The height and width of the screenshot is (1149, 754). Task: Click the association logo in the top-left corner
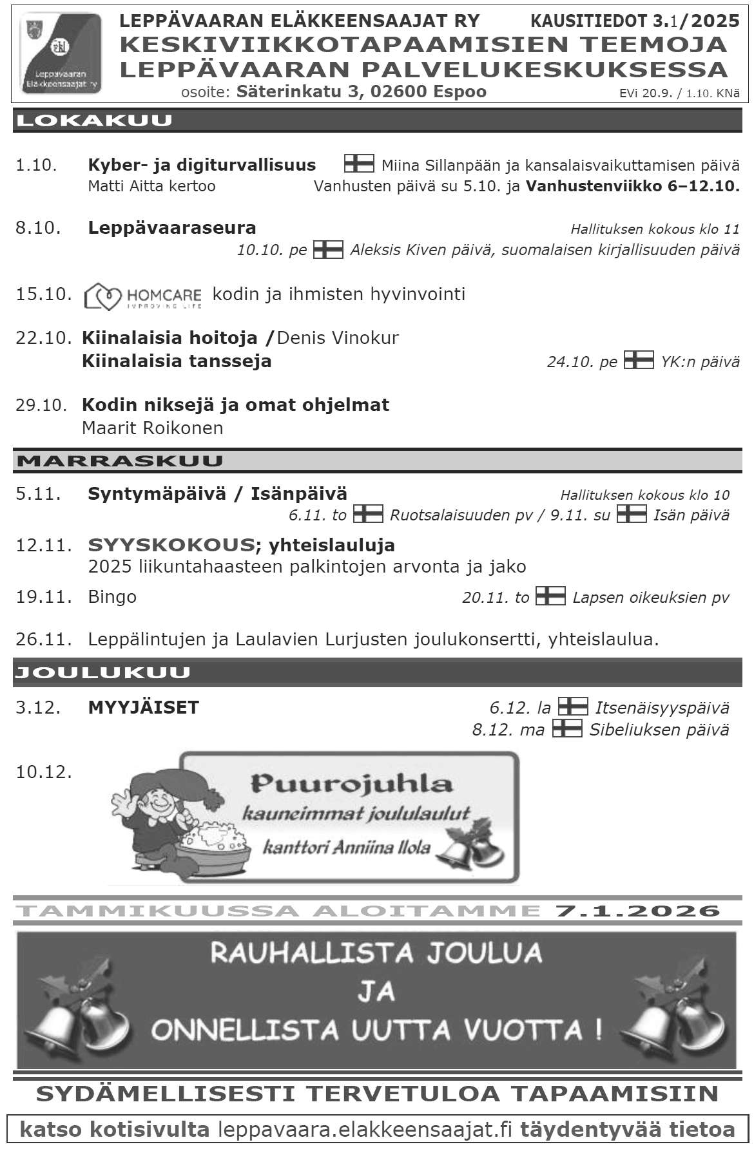point(61,54)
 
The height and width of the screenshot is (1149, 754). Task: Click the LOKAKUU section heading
point(94,121)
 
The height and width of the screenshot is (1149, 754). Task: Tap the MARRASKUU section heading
point(120,461)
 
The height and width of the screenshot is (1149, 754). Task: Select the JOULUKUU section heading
point(103,672)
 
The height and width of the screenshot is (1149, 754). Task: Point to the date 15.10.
point(43,294)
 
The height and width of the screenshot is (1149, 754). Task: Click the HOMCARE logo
point(143,296)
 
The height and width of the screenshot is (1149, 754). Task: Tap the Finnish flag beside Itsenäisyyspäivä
point(572,707)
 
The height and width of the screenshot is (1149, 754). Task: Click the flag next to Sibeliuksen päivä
point(566,728)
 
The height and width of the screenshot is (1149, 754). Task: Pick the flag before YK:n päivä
point(638,360)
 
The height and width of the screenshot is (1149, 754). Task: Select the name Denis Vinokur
point(338,337)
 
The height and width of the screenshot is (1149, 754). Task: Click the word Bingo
point(112,597)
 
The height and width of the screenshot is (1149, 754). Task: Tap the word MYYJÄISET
point(143,707)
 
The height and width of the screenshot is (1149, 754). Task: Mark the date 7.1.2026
point(637,910)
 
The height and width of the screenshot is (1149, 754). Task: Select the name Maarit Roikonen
point(152,428)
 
